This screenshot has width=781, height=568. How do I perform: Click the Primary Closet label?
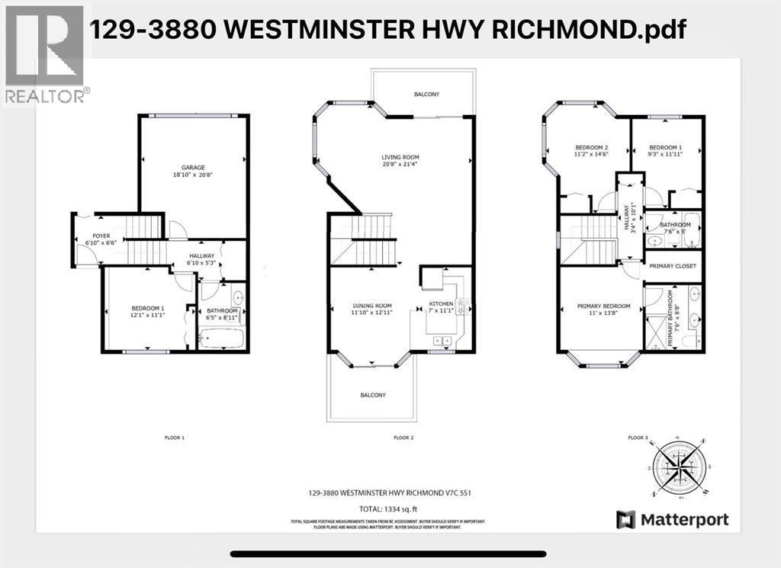(x=673, y=266)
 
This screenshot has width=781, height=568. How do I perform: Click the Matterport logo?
(x=673, y=520)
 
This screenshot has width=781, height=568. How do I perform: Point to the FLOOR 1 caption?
(x=175, y=438)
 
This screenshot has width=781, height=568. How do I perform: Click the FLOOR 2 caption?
(x=402, y=438)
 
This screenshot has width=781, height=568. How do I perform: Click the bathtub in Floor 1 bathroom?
(x=221, y=339)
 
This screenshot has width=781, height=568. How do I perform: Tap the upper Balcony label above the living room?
(x=426, y=95)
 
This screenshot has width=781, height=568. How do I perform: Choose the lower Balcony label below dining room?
(x=373, y=395)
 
